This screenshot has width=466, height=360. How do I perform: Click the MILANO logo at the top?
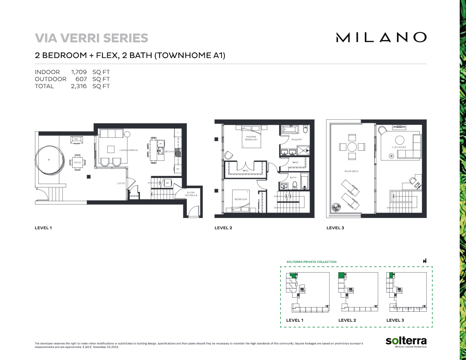coord(381,37)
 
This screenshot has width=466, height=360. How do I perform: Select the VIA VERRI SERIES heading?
coord(91,38)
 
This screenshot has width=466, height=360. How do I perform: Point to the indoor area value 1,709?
coord(78,72)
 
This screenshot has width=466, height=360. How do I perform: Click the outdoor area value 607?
coord(81,79)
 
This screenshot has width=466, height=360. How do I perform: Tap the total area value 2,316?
coord(78,86)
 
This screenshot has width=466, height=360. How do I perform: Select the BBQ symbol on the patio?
coord(76,139)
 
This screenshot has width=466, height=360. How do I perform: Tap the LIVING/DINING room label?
coord(129,150)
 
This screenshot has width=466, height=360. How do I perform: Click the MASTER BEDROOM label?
coord(251,138)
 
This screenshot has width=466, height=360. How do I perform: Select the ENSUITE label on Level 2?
coord(297,139)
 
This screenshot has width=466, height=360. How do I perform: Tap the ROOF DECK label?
coord(352,171)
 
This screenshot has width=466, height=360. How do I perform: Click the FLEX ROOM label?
coord(399,147)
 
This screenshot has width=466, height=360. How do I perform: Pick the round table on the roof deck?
coord(352,147)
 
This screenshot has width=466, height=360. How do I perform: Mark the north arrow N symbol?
coord(424,261)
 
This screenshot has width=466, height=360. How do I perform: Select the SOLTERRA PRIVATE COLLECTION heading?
coord(311,262)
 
